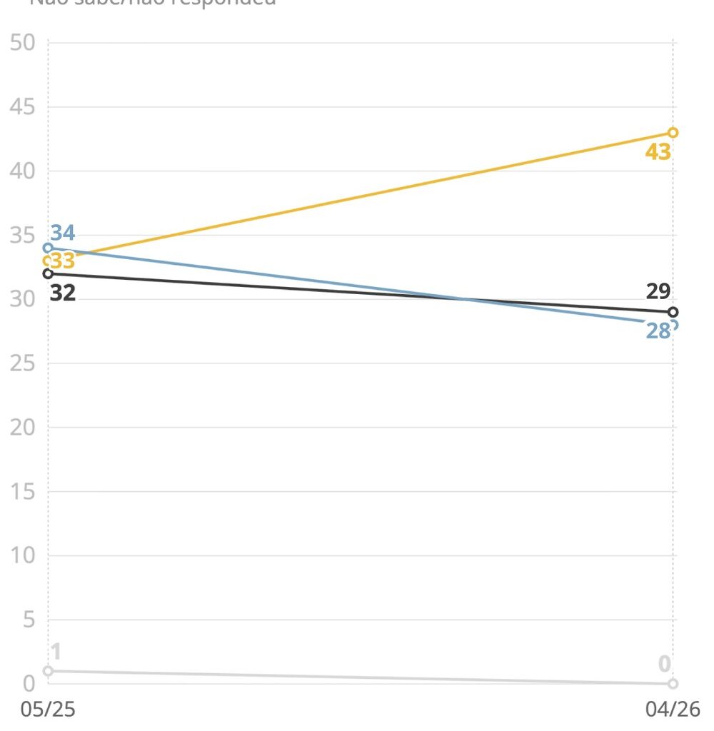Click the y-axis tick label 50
[x=23, y=43]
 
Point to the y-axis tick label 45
[x=23, y=107]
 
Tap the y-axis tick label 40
[x=23, y=171]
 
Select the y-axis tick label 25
[x=23, y=363]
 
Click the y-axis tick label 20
[x=23, y=428]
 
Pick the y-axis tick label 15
[x=23, y=492]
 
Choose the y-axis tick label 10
[x=23, y=555]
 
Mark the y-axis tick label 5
[x=29, y=620]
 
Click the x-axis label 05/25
[x=48, y=709]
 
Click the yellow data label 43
[x=658, y=152]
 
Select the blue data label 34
[x=63, y=233]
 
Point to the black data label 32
[x=63, y=293]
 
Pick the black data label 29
[x=658, y=291]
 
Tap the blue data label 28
[x=658, y=331]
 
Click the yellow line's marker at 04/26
[x=673, y=133]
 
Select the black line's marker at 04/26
[x=673, y=312]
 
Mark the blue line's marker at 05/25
[x=48, y=248]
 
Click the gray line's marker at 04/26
[x=673, y=684]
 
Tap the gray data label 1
[x=56, y=652]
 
